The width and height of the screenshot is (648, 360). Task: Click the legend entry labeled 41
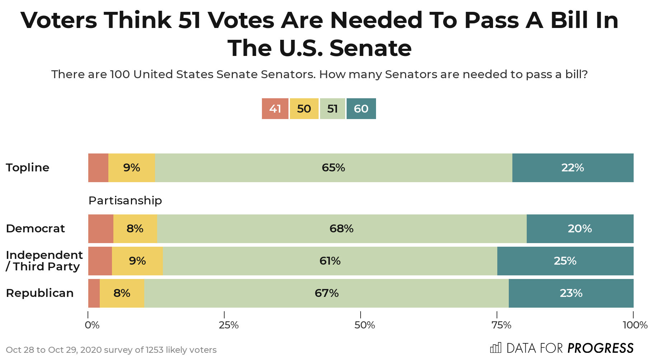pos(275,109)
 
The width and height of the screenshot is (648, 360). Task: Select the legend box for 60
pos(361,109)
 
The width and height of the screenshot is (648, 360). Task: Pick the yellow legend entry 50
pos(304,109)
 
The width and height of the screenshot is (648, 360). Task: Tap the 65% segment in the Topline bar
pos(333,168)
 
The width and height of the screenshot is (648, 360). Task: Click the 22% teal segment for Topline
pos(573,168)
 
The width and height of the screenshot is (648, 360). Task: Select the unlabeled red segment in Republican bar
pos(94,293)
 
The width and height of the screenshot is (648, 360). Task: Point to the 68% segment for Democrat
pos(342,229)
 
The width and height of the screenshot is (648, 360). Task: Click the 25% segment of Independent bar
pos(565,261)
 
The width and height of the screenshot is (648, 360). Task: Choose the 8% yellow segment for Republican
pos(122,293)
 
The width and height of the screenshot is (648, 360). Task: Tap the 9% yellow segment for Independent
pos(137,261)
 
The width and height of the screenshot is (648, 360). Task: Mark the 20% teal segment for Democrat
pos(580,229)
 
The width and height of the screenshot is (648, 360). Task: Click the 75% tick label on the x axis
pos(501,325)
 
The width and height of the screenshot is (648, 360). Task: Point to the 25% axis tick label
pos(229,325)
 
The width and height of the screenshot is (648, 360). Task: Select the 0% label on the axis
pos(92,325)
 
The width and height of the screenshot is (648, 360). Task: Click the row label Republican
pos(40,293)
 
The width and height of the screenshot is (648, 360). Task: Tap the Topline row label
pos(28,168)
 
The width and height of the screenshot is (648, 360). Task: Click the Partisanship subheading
pos(125,200)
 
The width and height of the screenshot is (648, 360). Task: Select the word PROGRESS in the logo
pos(600,348)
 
